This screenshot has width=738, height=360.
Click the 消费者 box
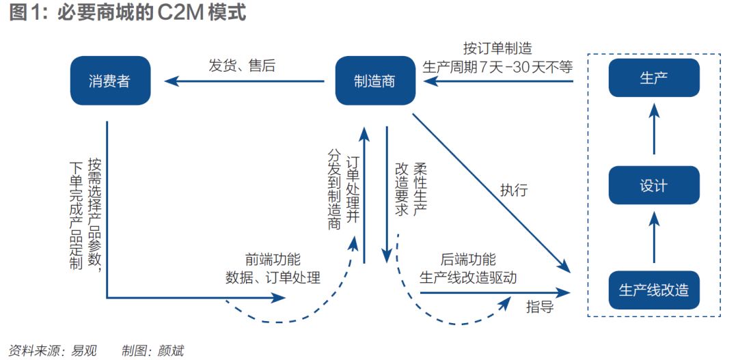tap(109, 81)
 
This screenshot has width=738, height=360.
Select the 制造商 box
tap(374, 81)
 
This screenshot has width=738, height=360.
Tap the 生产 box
tap(653, 78)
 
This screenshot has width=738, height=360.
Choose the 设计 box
tap(653, 185)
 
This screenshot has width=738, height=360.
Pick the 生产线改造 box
tap(653, 290)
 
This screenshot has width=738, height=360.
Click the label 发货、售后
tap(241, 66)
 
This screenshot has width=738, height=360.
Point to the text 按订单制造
tap(497, 49)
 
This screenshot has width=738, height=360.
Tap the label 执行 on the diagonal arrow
tap(513, 191)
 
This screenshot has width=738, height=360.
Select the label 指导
tap(539, 307)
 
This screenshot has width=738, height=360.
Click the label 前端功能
tap(273, 260)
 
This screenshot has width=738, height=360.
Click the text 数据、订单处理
tap(273, 277)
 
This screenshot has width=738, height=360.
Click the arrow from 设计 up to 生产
tap(654, 128)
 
